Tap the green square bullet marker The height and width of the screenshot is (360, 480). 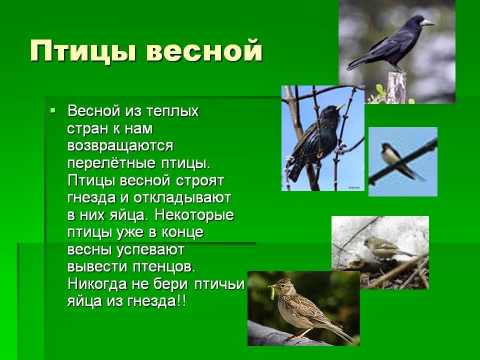(53, 109)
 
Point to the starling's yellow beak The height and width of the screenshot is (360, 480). (340, 106)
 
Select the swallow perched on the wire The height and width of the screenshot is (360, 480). (395, 159)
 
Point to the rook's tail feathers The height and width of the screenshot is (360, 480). (356, 63)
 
